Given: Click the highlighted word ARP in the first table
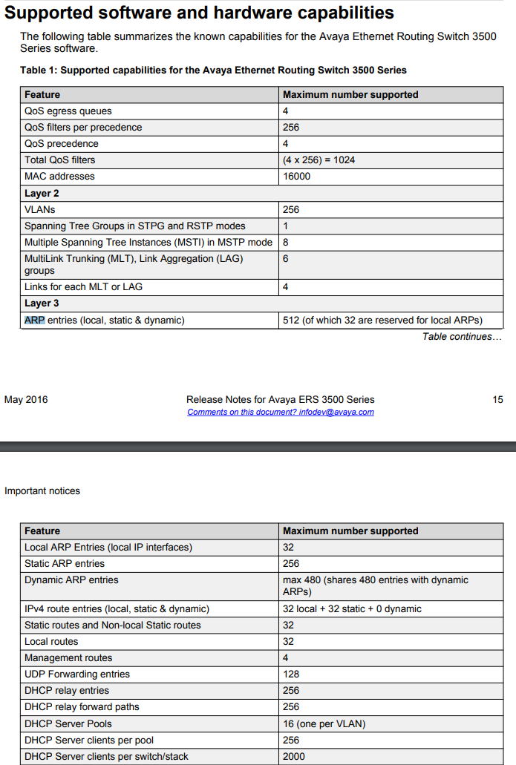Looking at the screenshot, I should point(35,321).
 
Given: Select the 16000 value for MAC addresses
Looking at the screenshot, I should point(297,177).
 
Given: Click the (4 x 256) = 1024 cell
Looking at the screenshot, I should point(319,160).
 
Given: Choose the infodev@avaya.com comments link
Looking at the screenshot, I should point(281,413).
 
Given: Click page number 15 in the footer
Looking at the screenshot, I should point(497,400).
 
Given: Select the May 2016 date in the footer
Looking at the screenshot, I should point(26,400).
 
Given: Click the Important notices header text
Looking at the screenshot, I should point(42,491).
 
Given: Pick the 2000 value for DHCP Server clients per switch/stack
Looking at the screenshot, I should point(294,757).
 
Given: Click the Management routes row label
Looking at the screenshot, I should point(68,658).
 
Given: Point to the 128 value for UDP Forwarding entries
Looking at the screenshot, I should point(291,674).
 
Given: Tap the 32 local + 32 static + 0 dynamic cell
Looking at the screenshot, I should point(352,609).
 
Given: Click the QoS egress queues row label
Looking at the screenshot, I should point(68,111).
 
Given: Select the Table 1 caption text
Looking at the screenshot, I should point(213,70).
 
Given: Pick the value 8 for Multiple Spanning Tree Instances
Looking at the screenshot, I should point(286,243).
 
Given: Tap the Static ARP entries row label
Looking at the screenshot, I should point(65,564).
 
